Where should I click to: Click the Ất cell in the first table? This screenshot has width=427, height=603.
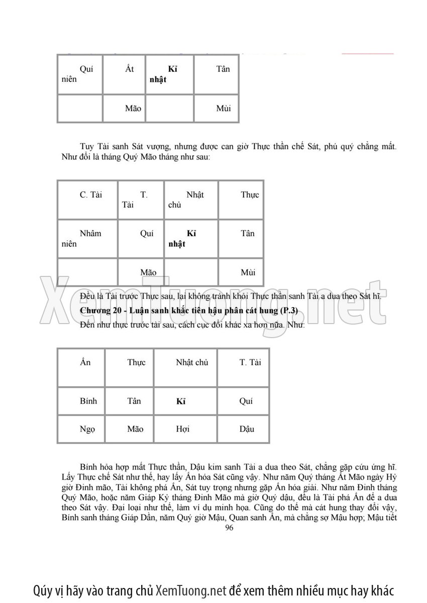tap(130, 69)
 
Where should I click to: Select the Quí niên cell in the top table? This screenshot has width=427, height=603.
tap(80, 74)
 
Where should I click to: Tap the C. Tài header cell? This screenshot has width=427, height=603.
tap(90, 195)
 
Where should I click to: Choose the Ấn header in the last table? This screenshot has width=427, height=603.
tap(85, 362)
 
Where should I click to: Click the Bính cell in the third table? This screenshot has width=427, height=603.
tap(88, 401)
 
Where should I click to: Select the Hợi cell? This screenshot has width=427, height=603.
tap(183, 429)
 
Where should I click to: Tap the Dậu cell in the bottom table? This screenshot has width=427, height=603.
tap(246, 429)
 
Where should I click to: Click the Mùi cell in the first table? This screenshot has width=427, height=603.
tap(224, 108)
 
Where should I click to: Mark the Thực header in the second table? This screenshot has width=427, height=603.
tap(250, 195)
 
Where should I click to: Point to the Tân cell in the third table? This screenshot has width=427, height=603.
tap(134, 401)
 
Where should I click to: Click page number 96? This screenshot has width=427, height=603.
tap(230, 527)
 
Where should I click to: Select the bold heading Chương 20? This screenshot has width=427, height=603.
tap(100, 311)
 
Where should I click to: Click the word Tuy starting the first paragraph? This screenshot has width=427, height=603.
tap(87, 146)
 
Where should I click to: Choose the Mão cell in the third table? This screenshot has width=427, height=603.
tap(135, 429)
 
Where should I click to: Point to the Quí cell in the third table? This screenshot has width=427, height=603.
tap(246, 401)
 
